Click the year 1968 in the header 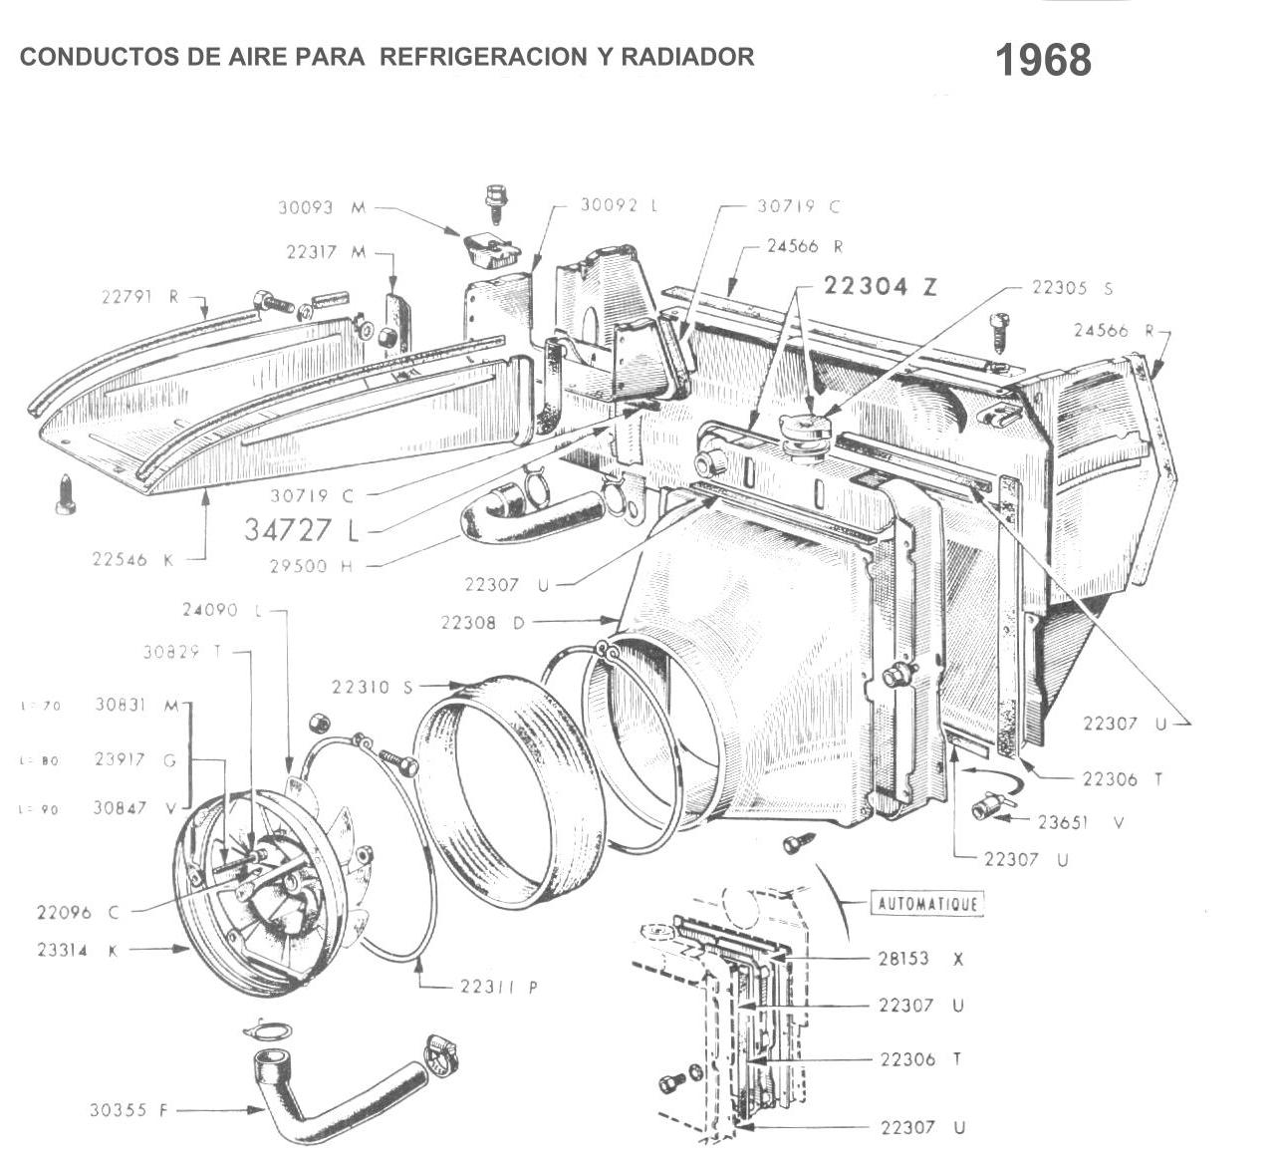[1043, 61]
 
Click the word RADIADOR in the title [687, 57]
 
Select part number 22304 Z [881, 287]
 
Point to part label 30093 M [322, 208]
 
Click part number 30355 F [128, 1109]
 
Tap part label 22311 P [499, 988]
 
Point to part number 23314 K [77, 951]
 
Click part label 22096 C [78, 912]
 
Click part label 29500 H [311, 566]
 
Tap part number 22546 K [133, 560]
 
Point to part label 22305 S [1072, 288]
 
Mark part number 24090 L [209, 610]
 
